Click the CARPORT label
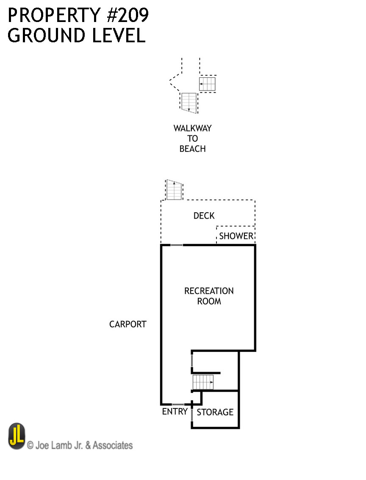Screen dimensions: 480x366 click(x=128, y=324)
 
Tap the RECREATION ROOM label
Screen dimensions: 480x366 click(x=209, y=296)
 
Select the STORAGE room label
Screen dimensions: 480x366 click(x=215, y=412)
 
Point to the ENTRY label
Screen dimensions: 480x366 click(x=175, y=411)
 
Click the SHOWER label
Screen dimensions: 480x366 click(x=236, y=236)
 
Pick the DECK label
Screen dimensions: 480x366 click(x=204, y=216)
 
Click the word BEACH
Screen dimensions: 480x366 click(x=192, y=149)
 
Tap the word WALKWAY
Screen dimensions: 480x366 click(x=192, y=128)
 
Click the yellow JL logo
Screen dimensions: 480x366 click(x=17, y=436)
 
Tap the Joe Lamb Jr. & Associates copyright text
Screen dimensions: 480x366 click(x=80, y=445)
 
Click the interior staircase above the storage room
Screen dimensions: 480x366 click(x=203, y=382)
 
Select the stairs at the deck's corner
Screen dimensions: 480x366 click(x=174, y=190)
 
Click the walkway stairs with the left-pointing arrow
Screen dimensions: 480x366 click(x=208, y=84)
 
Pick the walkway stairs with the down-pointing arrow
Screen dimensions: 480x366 click(x=189, y=102)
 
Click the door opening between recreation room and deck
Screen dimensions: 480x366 click(x=177, y=245)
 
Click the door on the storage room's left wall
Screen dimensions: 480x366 click(x=192, y=415)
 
